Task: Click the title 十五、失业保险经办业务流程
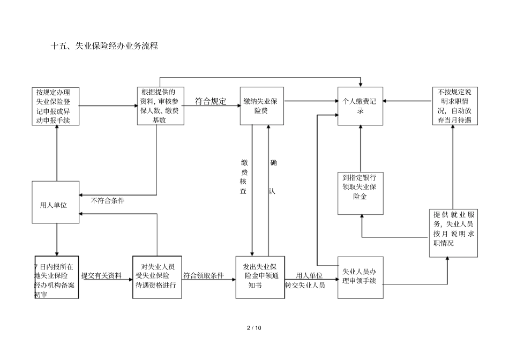tap(104, 47)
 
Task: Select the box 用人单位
tap(56, 202)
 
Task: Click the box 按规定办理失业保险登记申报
tap(56, 106)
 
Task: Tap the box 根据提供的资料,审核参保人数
tap(160, 106)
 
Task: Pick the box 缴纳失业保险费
tap(261, 106)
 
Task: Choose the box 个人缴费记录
tap(360, 106)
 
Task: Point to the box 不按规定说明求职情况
tap(454, 106)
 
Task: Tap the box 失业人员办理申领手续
tap(360, 276)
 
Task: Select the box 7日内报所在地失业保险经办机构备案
tap(56, 276)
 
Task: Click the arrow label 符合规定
tap(210, 101)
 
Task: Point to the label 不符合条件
tap(108, 200)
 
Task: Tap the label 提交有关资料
tap(101, 276)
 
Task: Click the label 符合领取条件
tap(204, 276)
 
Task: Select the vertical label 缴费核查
tap(244, 177)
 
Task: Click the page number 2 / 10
tap(254, 328)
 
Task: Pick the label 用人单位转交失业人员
tap(306, 280)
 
